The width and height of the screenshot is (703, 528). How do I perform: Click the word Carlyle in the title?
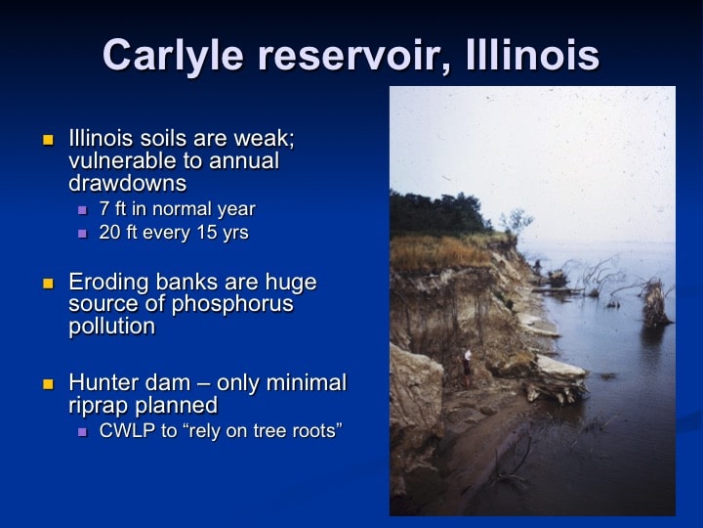[x=173, y=55]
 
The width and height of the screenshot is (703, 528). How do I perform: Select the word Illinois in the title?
[x=533, y=55]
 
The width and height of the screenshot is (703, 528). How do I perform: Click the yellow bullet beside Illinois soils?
[x=48, y=140]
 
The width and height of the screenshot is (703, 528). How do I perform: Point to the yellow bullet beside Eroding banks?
[x=48, y=284]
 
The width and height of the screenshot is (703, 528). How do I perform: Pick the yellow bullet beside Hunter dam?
[x=48, y=384]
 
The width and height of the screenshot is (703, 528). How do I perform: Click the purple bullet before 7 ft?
[x=82, y=209]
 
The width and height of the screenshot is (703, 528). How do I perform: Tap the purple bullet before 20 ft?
[x=82, y=234]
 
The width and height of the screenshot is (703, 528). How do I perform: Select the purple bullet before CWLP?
[x=82, y=432]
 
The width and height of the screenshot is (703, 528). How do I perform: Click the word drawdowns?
[x=128, y=183]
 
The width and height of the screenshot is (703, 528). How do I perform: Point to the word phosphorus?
[x=232, y=304]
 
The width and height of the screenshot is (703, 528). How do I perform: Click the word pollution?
[x=112, y=327]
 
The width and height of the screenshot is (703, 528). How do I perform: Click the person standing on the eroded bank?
[x=467, y=369]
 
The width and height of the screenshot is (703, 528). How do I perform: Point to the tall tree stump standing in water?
[x=655, y=303]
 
